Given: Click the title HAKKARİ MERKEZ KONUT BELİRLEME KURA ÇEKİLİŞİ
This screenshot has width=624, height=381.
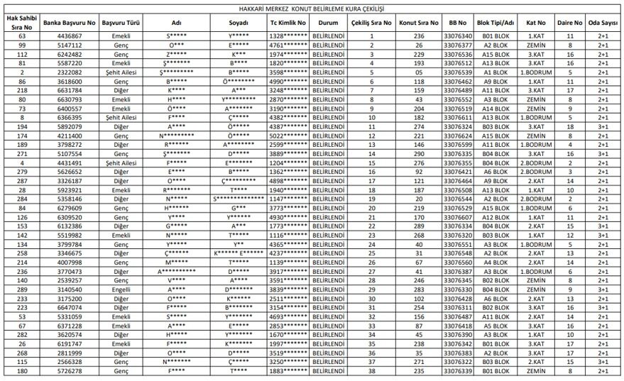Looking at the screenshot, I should [311, 8].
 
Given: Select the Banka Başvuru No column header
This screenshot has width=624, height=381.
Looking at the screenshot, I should [68, 23].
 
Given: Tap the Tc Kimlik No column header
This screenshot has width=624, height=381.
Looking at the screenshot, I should [288, 23].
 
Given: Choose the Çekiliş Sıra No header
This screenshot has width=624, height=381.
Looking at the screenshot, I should [372, 23].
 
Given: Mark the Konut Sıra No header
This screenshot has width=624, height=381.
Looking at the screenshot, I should [419, 23].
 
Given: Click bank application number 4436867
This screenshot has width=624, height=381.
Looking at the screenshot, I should [69, 35].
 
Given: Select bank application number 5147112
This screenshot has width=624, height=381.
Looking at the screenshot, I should [69, 45].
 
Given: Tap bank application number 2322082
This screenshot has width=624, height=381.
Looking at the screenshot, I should [69, 72].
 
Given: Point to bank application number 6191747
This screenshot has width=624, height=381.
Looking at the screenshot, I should [69, 343].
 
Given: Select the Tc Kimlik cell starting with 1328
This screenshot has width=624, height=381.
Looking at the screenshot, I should [288, 35].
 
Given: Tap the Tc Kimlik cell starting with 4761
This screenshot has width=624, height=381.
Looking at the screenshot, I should [288, 45].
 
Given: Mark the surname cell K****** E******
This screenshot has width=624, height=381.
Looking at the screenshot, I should [239, 253].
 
